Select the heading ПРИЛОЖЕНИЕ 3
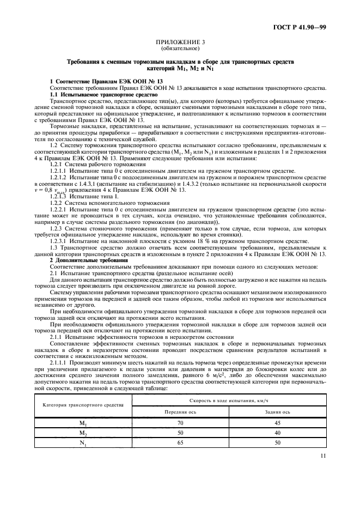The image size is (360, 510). click(180, 41)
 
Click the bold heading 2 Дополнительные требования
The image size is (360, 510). click(82, 260)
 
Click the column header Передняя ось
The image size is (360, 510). click(180, 411)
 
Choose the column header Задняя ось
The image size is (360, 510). click(278, 411)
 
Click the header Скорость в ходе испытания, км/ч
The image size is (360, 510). click(229, 399)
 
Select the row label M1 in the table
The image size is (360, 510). click(83, 422)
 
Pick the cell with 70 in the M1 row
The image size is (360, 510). click(180, 422)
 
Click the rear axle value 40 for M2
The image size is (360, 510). click(278, 433)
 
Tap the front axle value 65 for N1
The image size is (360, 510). click(180, 443)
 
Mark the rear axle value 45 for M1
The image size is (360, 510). click(278, 422)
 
